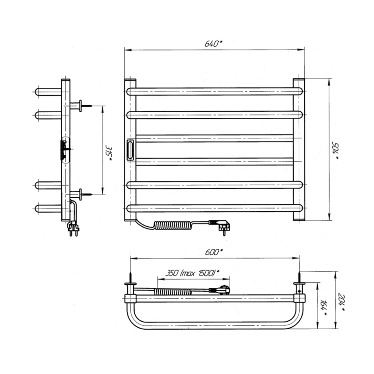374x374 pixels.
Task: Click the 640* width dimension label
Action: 213,43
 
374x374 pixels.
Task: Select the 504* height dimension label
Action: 335,151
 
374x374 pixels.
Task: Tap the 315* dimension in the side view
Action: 108,153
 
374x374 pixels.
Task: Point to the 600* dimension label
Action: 214,252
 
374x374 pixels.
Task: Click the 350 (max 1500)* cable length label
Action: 193,273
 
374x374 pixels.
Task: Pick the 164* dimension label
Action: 324,308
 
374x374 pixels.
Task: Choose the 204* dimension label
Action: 341,302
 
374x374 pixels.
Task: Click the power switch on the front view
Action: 130,150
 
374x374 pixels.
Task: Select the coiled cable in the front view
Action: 173,225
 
